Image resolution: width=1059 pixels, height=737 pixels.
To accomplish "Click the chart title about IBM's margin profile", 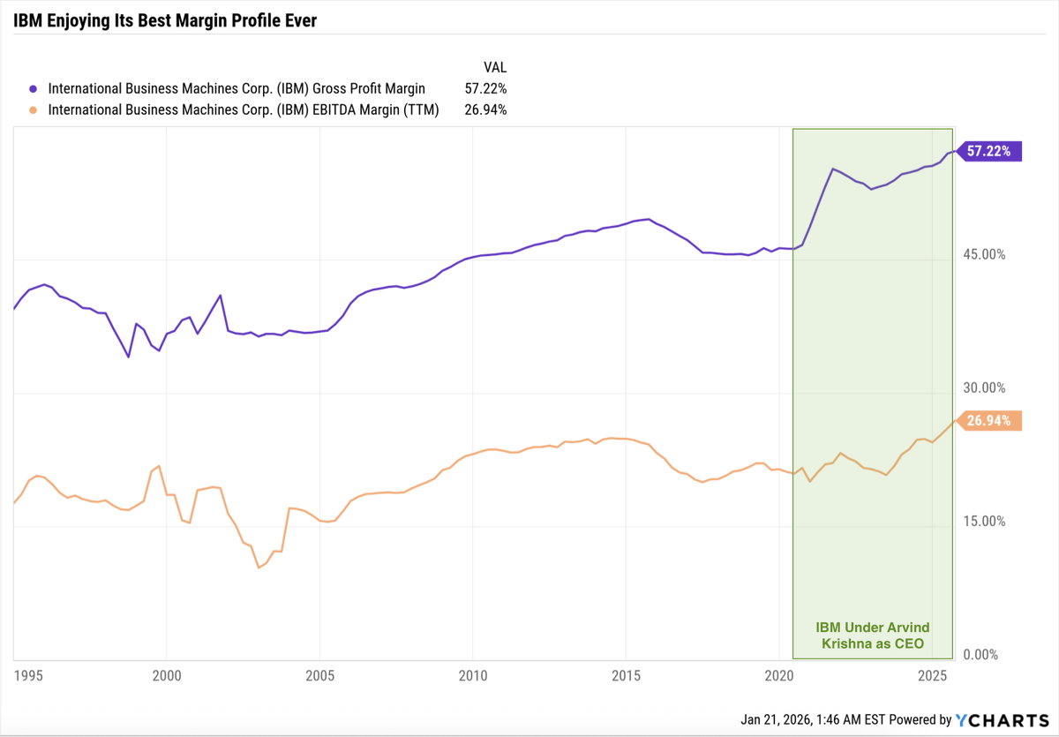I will pyautogui.click(x=165, y=20).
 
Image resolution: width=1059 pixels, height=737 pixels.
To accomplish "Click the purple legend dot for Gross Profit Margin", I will pyautogui.click(x=34, y=88).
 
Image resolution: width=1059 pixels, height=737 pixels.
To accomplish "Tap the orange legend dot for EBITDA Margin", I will pyautogui.click(x=34, y=110).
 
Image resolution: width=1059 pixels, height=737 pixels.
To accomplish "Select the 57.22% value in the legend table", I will pyautogui.click(x=485, y=88).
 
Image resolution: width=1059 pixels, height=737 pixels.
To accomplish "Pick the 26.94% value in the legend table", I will pyautogui.click(x=485, y=110).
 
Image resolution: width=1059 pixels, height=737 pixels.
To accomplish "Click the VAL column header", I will pyautogui.click(x=495, y=67).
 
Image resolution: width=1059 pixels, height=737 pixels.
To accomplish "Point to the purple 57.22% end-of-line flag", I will pyautogui.click(x=990, y=152).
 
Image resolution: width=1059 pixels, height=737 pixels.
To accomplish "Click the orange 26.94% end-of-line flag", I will pyautogui.click(x=990, y=421).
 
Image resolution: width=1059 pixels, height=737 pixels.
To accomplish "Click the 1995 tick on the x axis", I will pyautogui.click(x=28, y=676).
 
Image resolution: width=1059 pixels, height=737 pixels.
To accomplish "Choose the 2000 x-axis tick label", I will pyautogui.click(x=167, y=676).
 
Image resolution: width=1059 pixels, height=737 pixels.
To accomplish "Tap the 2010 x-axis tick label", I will pyautogui.click(x=473, y=676).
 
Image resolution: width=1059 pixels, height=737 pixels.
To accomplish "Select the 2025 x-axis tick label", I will pyautogui.click(x=932, y=676).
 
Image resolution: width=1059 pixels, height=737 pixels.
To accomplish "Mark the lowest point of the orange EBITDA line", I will pyautogui.click(x=259, y=568).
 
